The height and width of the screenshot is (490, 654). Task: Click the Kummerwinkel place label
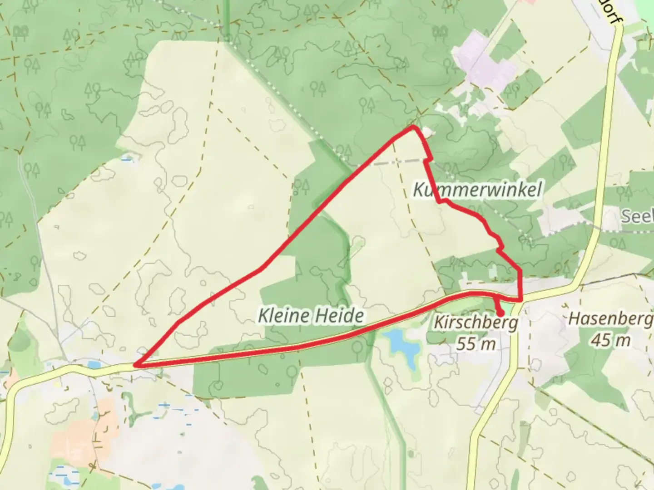[477, 190]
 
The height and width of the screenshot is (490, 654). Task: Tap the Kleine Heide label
[311, 315]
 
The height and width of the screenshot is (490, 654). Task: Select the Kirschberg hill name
[476, 323]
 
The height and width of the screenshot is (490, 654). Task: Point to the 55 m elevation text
[476, 343]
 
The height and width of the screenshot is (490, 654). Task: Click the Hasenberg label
[610, 319]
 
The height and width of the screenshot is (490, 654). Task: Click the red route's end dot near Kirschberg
[500, 314]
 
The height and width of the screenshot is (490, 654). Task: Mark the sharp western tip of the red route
[135, 364]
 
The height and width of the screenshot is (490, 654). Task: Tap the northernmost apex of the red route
[413, 127]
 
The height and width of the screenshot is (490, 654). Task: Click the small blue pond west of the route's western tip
[94, 364]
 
